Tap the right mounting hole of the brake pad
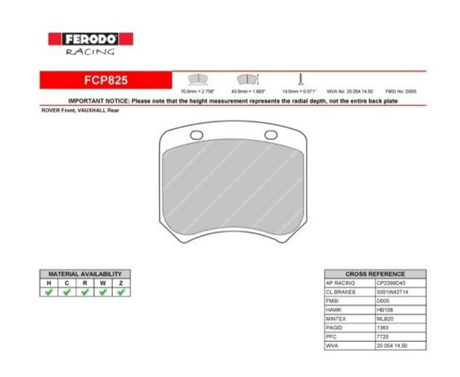(x=269, y=136)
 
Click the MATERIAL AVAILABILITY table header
(x=85, y=274)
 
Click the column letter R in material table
(x=85, y=282)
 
